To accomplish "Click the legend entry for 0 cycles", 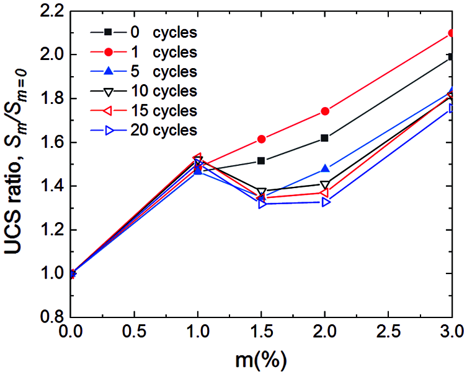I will coord(143,32).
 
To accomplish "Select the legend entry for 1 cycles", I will coord(143,51).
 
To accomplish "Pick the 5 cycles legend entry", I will coord(143,71).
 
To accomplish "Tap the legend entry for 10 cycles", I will coord(143,91).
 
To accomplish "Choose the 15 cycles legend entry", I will coord(143,111).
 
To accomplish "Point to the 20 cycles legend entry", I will coord(143,131).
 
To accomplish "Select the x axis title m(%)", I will coord(260,361).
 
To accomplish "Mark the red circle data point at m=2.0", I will coord(325,111).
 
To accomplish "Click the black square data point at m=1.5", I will coord(261,161).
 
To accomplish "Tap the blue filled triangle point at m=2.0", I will coord(325,169).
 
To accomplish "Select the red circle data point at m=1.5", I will coord(261,139).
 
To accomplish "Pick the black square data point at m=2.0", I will coord(325,138).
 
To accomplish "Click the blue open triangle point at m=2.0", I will coord(326,202).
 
